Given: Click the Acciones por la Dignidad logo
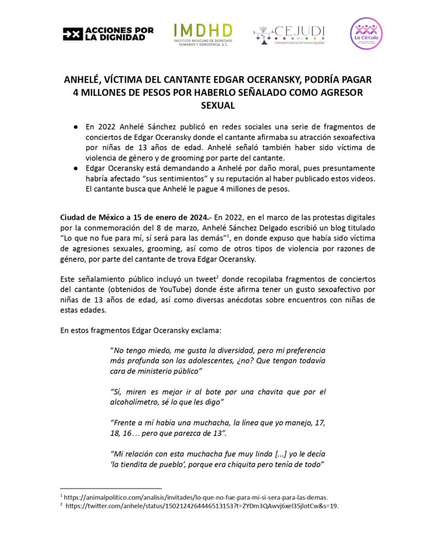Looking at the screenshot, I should [108, 34].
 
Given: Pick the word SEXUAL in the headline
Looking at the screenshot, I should [216, 105].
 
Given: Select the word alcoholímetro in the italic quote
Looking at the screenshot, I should [134, 402].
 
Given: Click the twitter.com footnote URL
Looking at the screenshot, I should [202, 506].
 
